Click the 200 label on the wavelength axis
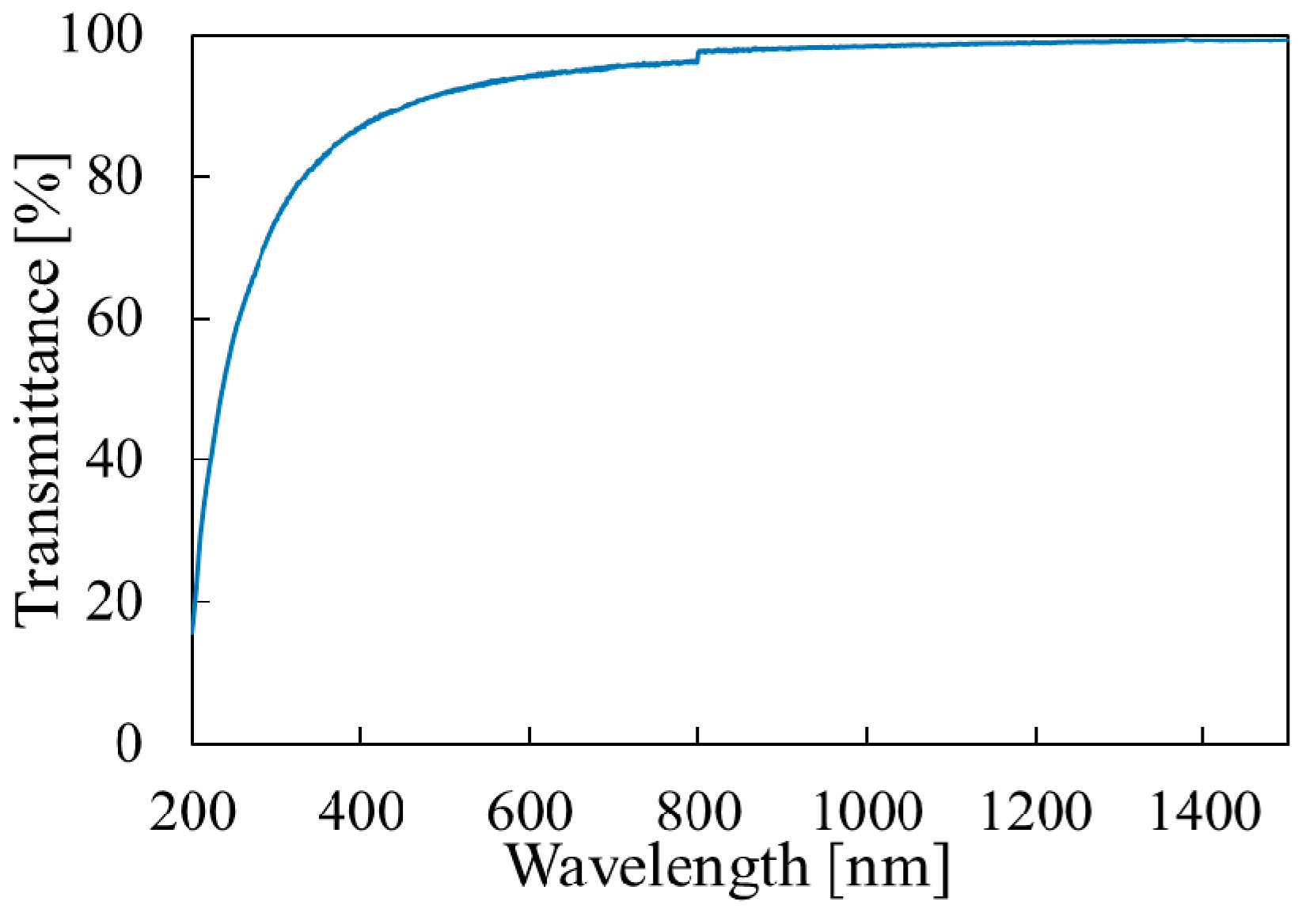tap(192, 811)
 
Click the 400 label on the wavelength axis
tap(361, 811)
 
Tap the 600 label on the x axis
tap(530, 811)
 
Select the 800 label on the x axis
tap(698, 811)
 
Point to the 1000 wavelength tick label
tap(867, 811)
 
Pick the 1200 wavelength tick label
tap(1036, 811)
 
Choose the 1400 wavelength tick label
tap(1204, 811)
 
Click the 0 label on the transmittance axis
tap(129, 744)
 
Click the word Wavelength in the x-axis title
tap(658, 866)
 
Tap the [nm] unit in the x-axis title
tap(889, 868)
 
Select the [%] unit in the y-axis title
tap(40, 194)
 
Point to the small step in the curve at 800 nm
tap(697, 55)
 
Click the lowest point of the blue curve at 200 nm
tap(192, 632)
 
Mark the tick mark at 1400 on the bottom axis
tap(1204, 736)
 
